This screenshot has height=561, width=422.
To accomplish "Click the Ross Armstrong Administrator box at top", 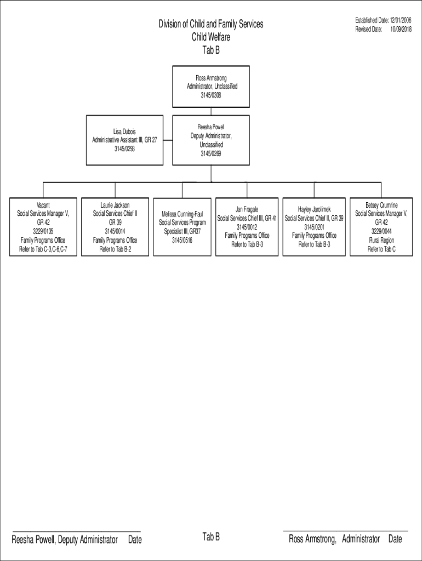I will (x=211, y=87).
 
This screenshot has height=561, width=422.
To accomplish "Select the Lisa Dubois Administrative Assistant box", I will (x=124, y=140).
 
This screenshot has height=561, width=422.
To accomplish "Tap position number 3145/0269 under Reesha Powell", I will (x=211, y=154).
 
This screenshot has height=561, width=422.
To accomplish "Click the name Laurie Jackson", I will (x=115, y=205).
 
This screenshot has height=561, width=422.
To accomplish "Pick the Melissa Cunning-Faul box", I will (x=182, y=227).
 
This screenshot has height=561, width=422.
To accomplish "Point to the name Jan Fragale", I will (x=247, y=209).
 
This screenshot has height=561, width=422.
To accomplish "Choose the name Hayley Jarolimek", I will (x=314, y=209).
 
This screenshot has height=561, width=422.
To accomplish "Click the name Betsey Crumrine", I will (x=381, y=205).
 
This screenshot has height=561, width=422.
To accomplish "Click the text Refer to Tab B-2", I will (x=115, y=249).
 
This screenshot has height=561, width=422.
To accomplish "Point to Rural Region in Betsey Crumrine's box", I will (x=381, y=241).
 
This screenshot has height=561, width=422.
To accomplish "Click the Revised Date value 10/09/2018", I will (x=401, y=29).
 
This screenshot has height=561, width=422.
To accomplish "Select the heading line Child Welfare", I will (x=211, y=37).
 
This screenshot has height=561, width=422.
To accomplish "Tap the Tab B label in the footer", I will (x=211, y=536).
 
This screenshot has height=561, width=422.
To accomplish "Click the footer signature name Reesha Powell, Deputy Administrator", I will (x=65, y=540).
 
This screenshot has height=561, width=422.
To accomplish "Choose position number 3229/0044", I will (x=381, y=232).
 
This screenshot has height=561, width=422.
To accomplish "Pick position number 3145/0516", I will (x=182, y=240).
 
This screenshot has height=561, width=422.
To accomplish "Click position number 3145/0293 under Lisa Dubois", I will (x=124, y=148).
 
